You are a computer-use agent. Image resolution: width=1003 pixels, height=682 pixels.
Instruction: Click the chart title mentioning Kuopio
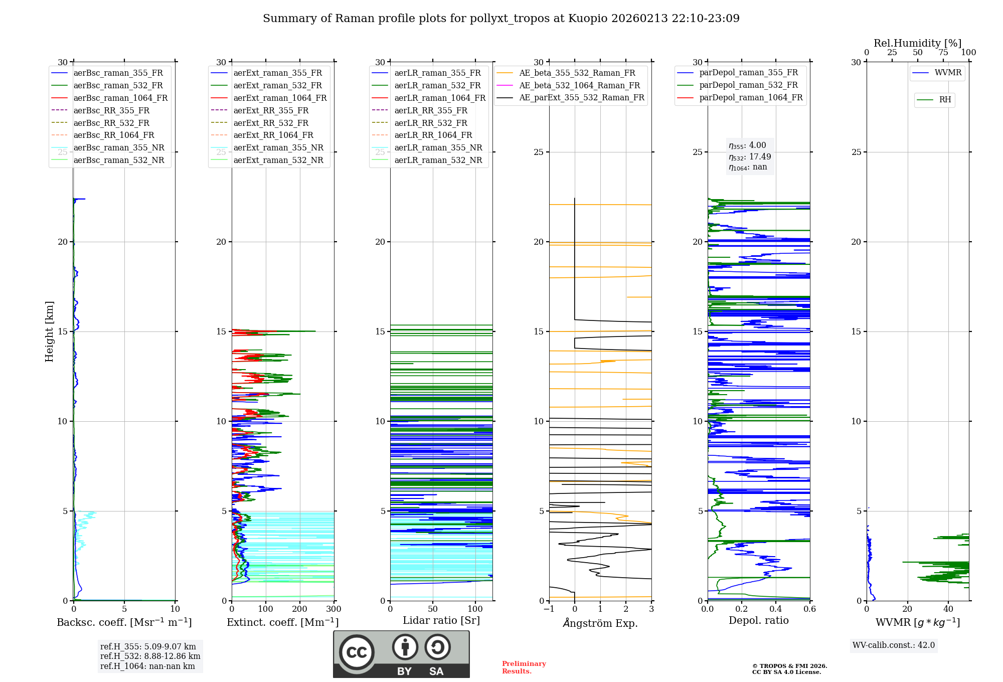point(501,19)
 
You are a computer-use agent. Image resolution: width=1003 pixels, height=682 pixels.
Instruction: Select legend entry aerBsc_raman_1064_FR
point(120,98)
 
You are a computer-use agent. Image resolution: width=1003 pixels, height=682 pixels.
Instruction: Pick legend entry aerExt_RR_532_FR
point(271,123)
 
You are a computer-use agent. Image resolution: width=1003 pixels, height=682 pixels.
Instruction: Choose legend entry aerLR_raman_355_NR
point(438,147)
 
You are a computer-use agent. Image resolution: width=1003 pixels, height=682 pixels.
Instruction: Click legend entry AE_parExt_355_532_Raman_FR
point(581,97)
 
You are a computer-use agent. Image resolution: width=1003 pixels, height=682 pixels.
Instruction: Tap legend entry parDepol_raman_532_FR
point(748,85)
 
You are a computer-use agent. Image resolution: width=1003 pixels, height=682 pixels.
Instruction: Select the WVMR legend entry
point(948,73)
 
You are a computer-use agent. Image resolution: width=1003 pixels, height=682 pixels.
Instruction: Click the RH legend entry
point(945,100)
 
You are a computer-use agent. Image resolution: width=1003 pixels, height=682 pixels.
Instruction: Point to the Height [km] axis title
point(49,331)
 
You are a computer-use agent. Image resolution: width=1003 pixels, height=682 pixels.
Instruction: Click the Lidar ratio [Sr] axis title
point(441,620)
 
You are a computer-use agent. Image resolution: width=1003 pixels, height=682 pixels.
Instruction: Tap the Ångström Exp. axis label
point(600,623)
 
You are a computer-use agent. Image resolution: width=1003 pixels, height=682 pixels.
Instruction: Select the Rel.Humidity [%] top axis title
point(917,43)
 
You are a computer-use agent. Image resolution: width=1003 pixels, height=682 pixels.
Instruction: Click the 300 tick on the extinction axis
point(333,609)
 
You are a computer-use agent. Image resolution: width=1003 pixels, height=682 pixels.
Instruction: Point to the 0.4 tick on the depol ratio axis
point(775,609)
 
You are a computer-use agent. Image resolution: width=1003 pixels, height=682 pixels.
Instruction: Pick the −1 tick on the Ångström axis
point(549,609)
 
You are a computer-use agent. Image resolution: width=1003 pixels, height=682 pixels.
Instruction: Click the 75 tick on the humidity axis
point(943,53)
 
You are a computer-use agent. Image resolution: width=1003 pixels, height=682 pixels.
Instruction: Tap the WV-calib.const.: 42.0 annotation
point(894,645)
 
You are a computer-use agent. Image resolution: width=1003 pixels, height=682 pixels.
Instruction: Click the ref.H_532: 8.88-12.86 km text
point(150,656)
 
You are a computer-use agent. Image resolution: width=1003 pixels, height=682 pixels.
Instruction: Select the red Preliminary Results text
point(524,667)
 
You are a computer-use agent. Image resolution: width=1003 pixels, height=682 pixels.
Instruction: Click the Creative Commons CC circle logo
point(357,652)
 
